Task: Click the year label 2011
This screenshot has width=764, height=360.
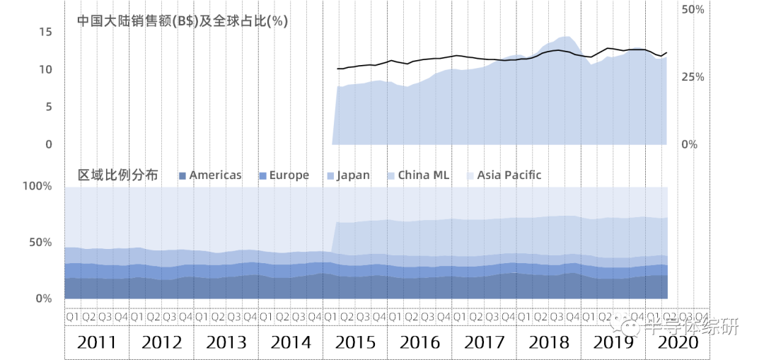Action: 97,343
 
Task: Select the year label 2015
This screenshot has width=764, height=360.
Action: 355,343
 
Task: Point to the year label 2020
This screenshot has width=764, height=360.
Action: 677,343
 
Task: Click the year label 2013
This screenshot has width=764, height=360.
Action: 226,343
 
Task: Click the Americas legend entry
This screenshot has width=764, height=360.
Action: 210,175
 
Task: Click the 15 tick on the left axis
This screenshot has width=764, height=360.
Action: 46,32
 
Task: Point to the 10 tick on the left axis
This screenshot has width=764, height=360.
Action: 46,69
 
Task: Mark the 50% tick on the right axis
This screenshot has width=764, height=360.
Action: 692,10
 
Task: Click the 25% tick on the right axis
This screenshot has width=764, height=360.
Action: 692,76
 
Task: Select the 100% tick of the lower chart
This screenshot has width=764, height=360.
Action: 38,187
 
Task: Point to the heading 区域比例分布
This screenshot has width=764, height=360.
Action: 117,175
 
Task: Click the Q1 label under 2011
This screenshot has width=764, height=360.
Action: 72,317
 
